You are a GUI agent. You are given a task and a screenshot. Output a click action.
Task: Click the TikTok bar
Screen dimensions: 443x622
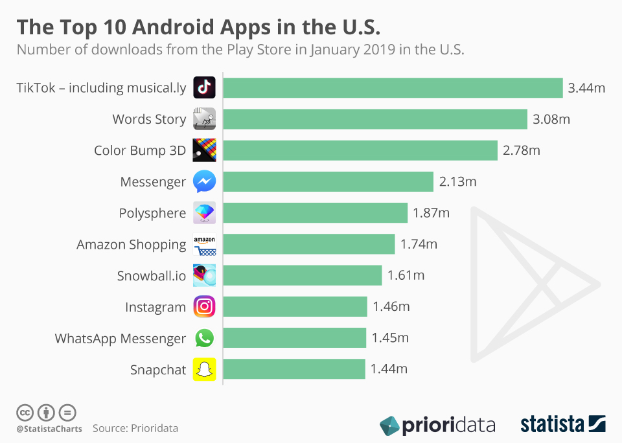click(x=393, y=87)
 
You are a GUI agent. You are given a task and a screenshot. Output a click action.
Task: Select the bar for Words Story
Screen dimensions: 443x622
click(x=375, y=119)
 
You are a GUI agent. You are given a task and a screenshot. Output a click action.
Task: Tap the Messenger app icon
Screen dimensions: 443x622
click(x=204, y=182)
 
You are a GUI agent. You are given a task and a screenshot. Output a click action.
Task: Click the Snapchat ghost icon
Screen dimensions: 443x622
click(x=204, y=370)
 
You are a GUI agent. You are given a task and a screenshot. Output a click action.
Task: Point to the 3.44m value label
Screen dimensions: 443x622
click(x=586, y=87)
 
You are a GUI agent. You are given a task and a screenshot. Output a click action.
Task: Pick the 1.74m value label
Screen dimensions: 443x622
click(x=419, y=244)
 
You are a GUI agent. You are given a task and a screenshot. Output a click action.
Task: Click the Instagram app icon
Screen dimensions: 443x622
click(x=204, y=307)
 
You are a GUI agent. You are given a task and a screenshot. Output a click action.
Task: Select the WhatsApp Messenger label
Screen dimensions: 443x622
click(x=121, y=339)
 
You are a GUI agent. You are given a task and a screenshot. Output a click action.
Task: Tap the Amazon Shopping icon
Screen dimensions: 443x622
click(x=204, y=245)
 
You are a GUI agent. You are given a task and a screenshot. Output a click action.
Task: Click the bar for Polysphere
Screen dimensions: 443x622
click(x=316, y=213)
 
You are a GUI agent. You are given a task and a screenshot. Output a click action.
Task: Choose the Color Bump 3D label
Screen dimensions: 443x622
click(x=140, y=150)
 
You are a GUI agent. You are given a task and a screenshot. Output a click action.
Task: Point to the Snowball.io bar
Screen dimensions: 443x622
click(x=303, y=276)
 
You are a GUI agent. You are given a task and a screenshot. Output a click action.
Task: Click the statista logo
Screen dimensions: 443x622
click(x=562, y=425)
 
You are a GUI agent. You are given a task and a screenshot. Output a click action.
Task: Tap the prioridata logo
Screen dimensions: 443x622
click(x=437, y=426)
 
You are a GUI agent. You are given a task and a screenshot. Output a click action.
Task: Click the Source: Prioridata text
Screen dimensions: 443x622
click(x=135, y=428)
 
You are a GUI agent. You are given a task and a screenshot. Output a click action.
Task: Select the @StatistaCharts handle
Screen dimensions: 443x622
click(x=49, y=429)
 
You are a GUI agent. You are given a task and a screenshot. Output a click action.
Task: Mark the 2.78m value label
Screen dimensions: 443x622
click(x=521, y=150)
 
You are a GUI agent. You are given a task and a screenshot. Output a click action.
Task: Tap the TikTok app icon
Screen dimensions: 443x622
click(x=204, y=87)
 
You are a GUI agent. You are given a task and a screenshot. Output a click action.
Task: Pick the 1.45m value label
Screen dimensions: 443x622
click(x=390, y=338)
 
